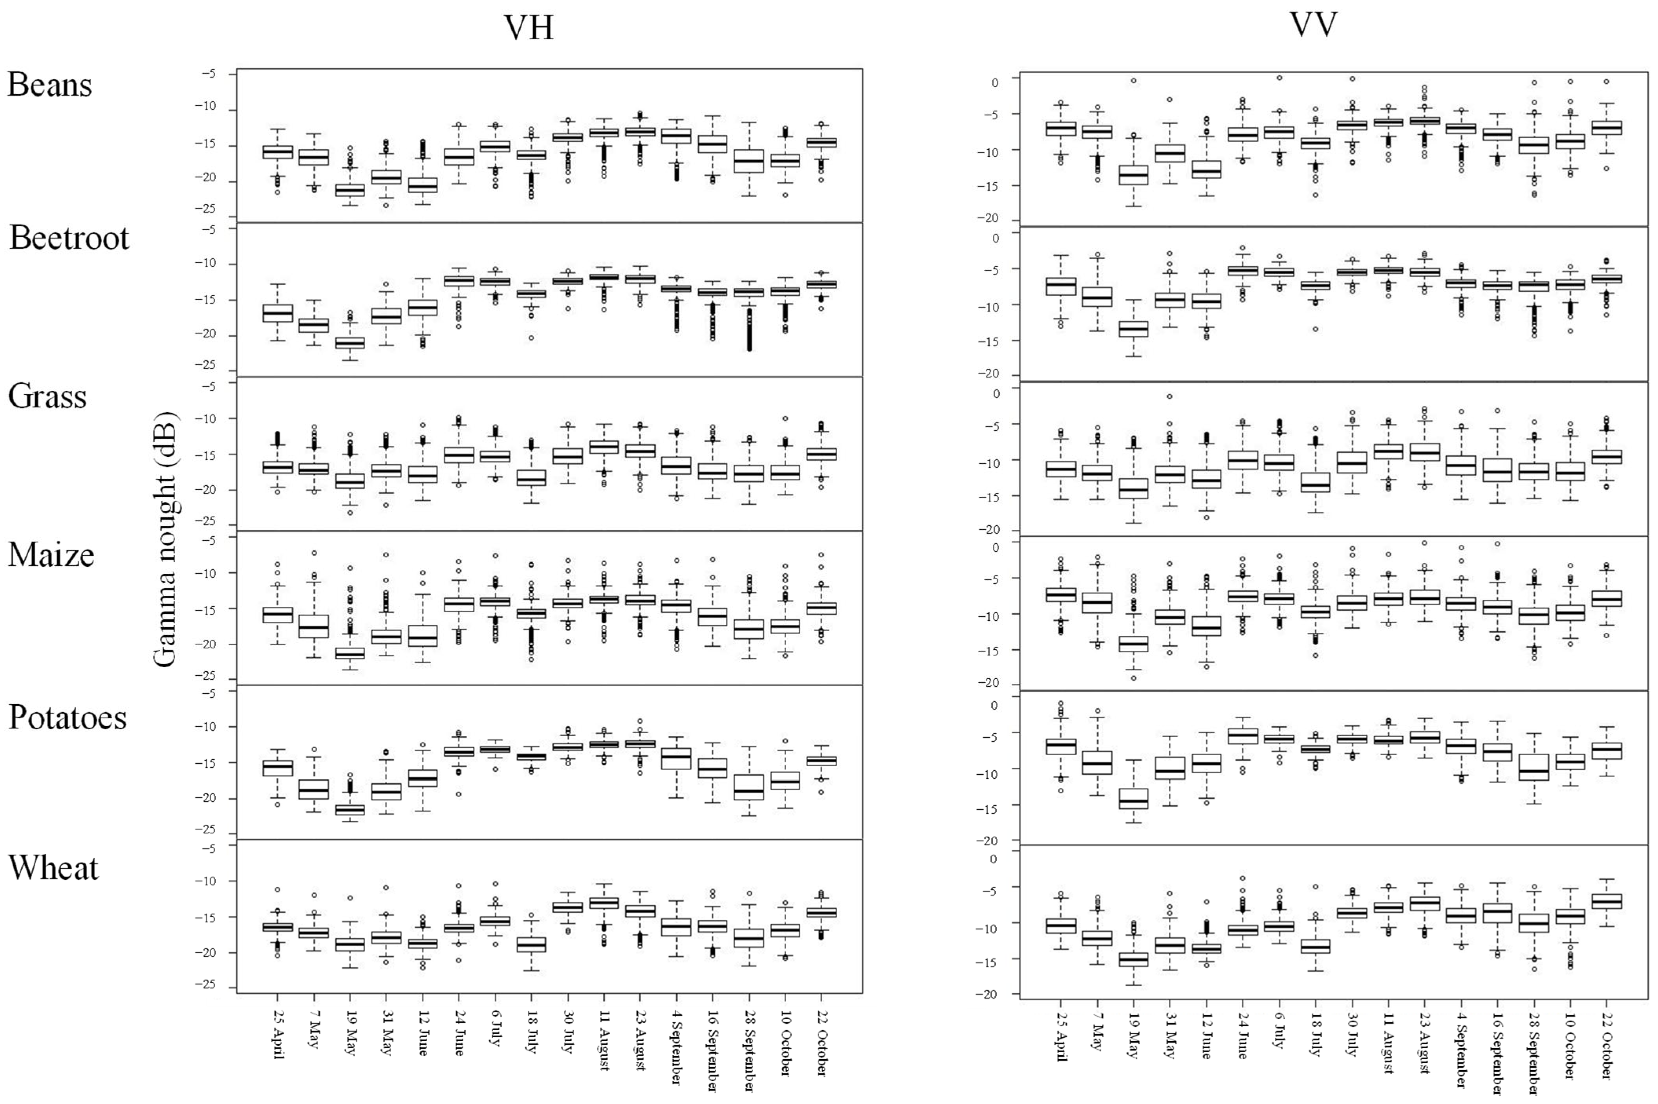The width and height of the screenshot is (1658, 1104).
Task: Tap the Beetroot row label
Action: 69,238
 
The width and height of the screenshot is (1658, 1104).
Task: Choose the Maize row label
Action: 51,555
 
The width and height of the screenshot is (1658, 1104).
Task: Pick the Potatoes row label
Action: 68,718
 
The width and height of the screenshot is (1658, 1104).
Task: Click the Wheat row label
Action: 53,868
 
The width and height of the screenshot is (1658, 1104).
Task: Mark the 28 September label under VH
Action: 748,1049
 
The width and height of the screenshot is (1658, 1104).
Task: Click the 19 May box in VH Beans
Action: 350,190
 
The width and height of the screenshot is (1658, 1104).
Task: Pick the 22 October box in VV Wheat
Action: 1607,902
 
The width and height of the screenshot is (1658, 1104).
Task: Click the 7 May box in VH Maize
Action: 314,626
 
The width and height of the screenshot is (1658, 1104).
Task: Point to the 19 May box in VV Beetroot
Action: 1133,329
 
